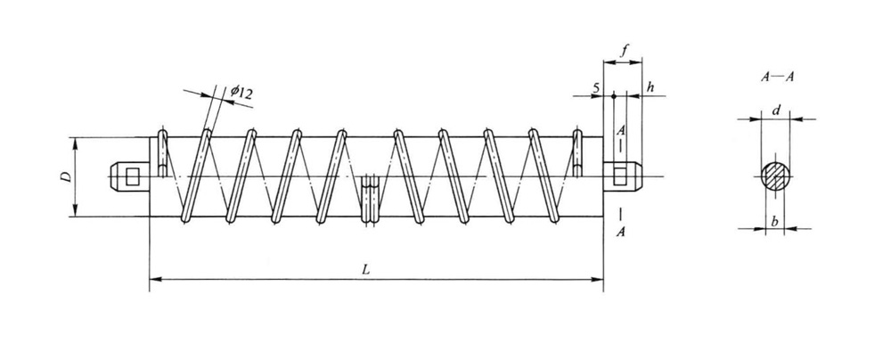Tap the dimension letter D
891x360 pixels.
point(65,177)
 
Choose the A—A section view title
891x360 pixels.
point(777,78)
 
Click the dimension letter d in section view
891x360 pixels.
point(777,110)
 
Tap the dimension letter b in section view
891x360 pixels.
point(776,220)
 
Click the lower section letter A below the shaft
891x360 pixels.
point(620,232)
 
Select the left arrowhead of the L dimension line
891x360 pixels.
point(152,280)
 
